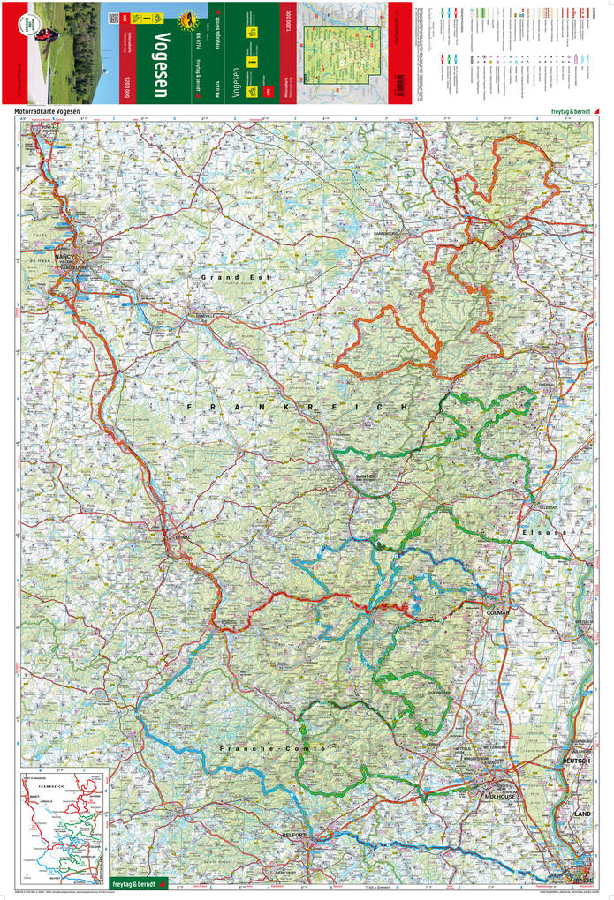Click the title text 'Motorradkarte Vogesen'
(52, 111)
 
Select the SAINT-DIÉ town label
(366, 476)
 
